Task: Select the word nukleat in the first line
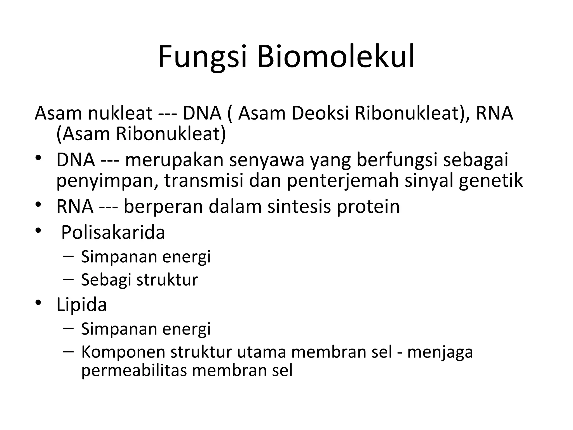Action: point(120,113)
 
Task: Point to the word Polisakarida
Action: point(113,232)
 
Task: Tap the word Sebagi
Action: point(106,280)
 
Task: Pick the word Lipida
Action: point(81,305)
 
